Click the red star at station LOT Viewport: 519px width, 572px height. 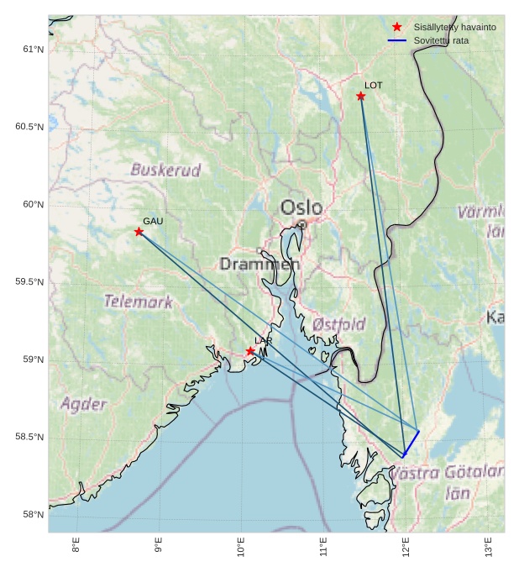tap(360, 96)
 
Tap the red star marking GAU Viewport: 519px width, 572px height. tap(139, 232)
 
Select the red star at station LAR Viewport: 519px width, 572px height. tap(250, 350)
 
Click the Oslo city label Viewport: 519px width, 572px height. tap(301, 207)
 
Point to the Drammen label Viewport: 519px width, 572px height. tap(259, 265)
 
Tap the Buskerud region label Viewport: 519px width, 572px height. tap(166, 171)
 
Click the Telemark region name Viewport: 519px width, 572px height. tap(139, 302)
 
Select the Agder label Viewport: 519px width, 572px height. tap(84, 404)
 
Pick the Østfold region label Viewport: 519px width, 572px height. tap(338, 324)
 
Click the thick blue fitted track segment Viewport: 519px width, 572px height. tap(411, 443)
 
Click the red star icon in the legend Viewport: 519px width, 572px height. tap(397, 27)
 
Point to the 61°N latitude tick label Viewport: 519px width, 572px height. tap(33, 50)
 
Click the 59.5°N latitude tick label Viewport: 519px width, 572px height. tap(29, 282)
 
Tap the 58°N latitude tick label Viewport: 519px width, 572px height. tap(33, 515)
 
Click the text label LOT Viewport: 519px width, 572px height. tap(374, 86)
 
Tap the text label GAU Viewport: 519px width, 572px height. tap(153, 222)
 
